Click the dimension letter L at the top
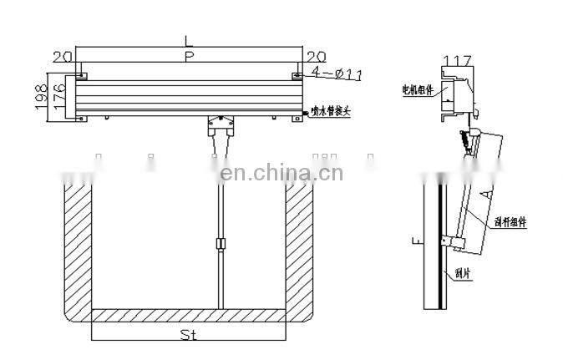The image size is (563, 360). point(190,40)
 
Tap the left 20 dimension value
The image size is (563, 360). point(61,56)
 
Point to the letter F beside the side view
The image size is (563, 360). point(416,242)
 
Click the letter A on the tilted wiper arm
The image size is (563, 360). point(484,192)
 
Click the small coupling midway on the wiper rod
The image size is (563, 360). point(220,244)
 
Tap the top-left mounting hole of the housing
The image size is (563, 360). point(80,77)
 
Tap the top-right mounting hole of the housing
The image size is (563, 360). point(297,77)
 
